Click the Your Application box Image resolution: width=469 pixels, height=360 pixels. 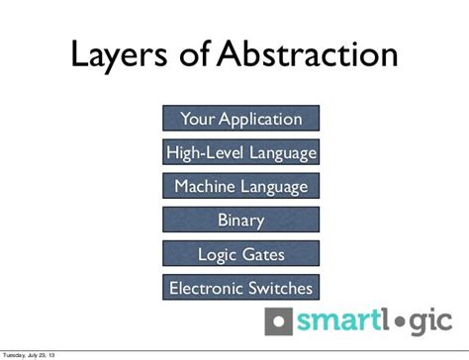(x=240, y=120)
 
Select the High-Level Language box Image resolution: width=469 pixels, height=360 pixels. (x=240, y=153)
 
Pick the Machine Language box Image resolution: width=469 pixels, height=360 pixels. (x=240, y=186)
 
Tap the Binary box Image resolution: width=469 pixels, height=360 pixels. (x=240, y=220)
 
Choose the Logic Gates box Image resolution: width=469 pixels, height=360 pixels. (x=240, y=254)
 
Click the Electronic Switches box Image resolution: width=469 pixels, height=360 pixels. (x=240, y=288)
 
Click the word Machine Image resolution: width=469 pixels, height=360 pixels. (x=207, y=186)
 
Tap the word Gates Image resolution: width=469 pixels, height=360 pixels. (x=262, y=254)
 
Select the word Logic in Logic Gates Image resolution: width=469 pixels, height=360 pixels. (x=217, y=254)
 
